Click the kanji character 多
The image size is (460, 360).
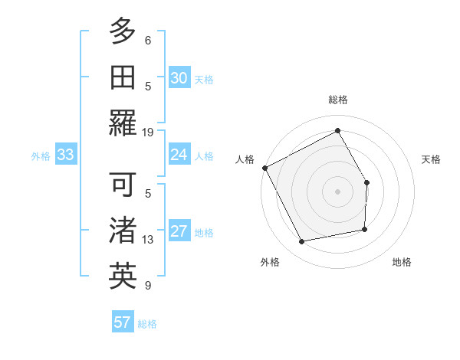(123, 31)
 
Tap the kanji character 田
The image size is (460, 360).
(123, 77)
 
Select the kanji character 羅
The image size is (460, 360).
(123, 123)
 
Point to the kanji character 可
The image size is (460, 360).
(123, 185)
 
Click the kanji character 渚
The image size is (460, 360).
(123, 231)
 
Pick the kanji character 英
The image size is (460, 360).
(123, 277)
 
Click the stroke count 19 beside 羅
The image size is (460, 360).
(148, 132)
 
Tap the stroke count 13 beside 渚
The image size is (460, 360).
(148, 240)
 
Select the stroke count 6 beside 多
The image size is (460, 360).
(148, 40)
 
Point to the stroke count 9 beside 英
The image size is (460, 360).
(148, 286)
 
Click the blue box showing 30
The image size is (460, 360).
(179, 77)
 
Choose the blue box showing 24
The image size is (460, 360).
(179, 155)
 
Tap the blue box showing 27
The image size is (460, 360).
(179, 231)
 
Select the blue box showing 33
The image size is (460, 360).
(65, 155)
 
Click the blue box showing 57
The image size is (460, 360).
(122, 322)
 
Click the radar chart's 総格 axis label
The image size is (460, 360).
(338, 100)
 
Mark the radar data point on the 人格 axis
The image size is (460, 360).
(264, 168)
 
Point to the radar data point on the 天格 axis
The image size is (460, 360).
(366, 182)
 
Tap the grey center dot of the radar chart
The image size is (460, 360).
(337, 191)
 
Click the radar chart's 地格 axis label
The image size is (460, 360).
(402, 263)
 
